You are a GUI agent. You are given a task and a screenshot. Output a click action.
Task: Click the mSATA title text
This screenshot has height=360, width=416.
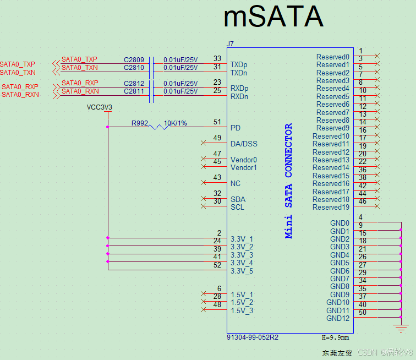click(273, 18)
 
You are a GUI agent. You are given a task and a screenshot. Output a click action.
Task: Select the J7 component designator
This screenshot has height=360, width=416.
click(230, 43)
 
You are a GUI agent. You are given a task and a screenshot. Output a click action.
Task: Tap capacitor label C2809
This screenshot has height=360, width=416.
click(134, 59)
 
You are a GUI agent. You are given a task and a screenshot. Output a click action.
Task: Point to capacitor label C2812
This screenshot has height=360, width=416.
click(134, 83)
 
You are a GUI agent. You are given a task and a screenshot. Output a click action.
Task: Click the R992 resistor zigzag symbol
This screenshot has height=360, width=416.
click(159, 127)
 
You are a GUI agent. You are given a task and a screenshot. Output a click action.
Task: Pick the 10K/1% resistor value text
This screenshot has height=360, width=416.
click(175, 123)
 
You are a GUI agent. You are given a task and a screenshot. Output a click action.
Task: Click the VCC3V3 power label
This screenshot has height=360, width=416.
click(100, 107)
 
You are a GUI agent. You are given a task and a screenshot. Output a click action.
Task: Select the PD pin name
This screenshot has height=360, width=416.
click(235, 128)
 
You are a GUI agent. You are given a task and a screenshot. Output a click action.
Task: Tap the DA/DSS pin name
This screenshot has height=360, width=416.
click(244, 144)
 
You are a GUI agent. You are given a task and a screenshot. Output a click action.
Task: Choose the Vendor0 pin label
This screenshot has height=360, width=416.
click(243, 160)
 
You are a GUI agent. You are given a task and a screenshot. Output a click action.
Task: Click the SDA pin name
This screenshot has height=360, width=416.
click(238, 199)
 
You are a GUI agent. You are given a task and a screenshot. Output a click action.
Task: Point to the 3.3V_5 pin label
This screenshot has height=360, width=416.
click(242, 271)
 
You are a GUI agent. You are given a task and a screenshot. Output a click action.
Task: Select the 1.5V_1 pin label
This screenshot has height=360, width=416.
click(242, 294)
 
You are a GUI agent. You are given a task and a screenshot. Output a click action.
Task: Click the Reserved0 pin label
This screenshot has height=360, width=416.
click(332, 57)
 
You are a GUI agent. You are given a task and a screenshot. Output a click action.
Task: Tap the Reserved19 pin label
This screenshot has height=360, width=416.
click(331, 207)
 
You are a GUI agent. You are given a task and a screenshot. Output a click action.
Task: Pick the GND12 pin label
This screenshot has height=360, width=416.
click(337, 318)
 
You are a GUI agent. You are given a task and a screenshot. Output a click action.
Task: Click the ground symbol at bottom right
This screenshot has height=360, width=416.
click(401, 328)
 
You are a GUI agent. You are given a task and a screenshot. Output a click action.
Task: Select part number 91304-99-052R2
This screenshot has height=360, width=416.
click(253, 337)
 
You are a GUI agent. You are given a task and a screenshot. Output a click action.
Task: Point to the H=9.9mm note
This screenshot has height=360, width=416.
click(335, 337)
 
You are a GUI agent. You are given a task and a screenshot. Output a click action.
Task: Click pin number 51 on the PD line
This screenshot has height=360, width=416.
click(217, 122)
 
